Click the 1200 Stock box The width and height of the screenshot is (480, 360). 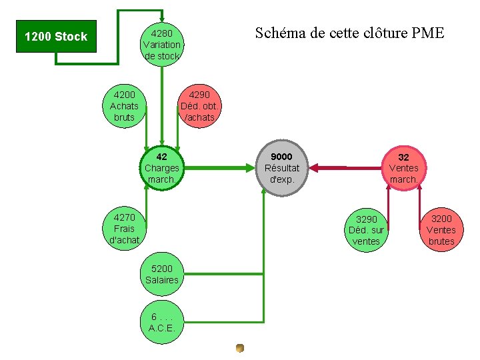pyautogui.click(x=56, y=37)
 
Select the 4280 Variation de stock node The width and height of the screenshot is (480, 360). pyautogui.click(x=161, y=45)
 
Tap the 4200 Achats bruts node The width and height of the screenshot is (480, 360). pyautogui.click(x=124, y=106)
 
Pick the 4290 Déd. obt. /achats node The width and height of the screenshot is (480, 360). pyautogui.click(x=199, y=106)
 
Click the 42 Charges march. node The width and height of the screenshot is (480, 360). pyautogui.click(x=161, y=168)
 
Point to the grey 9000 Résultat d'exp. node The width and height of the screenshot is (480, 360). pyautogui.click(x=282, y=168)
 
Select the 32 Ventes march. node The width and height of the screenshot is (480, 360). pyautogui.click(x=403, y=168)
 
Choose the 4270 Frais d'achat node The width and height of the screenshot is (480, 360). pyautogui.click(x=124, y=229)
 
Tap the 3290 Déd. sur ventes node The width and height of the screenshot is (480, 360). pyautogui.click(x=366, y=230)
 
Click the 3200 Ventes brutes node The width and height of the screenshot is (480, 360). pyautogui.click(x=441, y=230)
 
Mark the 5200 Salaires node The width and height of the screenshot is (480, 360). pyautogui.click(x=162, y=274)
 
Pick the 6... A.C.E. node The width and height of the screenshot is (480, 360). pyautogui.click(x=162, y=322)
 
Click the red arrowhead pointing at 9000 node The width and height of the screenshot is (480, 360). pyautogui.click(x=314, y=168)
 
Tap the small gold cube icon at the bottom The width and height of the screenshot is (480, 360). pyautogui.click(x=240, y=347)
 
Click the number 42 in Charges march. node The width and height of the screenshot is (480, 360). pyautogui.click(x=161, y=157)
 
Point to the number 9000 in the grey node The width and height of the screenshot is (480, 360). pyautogui.click(x=281, y=157)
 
